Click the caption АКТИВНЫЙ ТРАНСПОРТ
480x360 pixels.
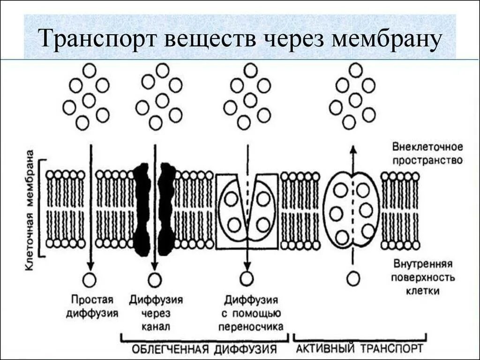[x=360, y=349]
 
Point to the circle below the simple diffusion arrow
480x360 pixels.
[x=89, y=280]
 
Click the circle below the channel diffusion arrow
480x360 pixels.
[x=154, y=280]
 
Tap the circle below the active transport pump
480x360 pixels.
[x=353, y=278]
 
